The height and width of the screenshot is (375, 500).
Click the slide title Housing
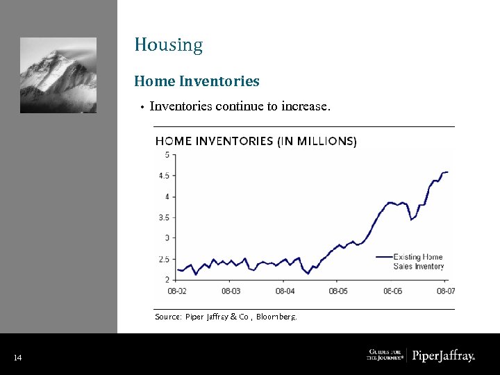(169, 46)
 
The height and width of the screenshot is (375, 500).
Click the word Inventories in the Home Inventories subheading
(219, 81)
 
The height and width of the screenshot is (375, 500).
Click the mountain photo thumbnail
(58, 75)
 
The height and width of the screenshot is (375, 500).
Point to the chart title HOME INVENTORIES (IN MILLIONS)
(256, 141)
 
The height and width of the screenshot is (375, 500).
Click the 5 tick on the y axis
(167, 155)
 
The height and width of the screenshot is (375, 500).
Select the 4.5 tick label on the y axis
(164, 176)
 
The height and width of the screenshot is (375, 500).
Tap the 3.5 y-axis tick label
(164, 217)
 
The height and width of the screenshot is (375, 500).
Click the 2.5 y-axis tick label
(164, 259)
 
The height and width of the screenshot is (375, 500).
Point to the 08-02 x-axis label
(177, 291)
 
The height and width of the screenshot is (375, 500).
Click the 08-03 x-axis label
(231, 291)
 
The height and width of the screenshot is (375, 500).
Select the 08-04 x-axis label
(285, 291)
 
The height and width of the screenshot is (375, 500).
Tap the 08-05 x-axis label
(338, 291)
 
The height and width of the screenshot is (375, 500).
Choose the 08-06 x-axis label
(392, 291)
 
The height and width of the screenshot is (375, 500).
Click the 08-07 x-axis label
(446, 291)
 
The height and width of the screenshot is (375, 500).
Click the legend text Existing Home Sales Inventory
(418, 262)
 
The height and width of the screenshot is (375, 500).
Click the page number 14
(17, 358)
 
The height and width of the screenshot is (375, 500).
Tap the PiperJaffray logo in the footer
(444, 356)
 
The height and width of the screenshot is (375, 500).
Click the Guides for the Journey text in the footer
(384, 356)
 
